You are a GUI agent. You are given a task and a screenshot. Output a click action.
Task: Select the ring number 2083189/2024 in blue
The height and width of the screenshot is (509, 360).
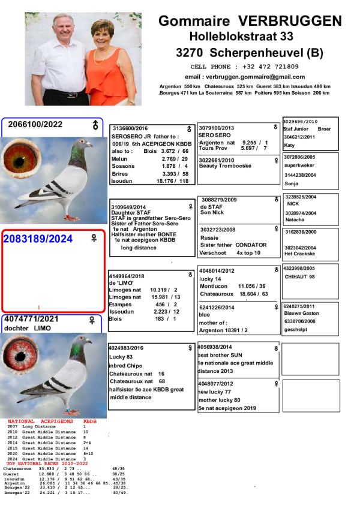pyautogui.click(x=38, y=239)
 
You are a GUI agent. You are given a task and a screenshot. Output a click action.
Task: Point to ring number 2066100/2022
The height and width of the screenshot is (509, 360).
pyautogui.click(x=35, y=125)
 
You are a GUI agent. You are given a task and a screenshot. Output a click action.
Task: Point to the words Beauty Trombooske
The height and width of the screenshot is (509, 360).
pyautogui.click(x=225, y=166)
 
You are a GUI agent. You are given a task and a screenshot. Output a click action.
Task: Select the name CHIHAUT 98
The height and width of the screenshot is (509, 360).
pyautogui.click(x=299, y=276)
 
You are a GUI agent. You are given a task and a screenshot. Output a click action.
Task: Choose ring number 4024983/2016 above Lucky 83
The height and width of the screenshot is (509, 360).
pyautogui.click(x=126, y=348)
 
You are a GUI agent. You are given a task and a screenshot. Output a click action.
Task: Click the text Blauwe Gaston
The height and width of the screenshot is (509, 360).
pyautogui.click(x=302, y=313)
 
